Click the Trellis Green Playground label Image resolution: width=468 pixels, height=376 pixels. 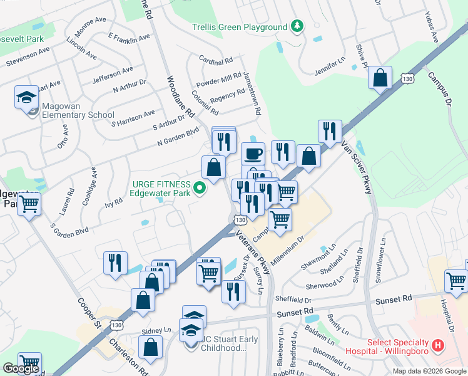pos(240,27)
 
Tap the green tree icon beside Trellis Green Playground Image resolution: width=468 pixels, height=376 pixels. pos(298,26)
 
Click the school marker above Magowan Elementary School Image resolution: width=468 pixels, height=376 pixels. pos(26,98)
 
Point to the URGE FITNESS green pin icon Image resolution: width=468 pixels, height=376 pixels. pos(200,187)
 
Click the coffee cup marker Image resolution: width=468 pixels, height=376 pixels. pos(253,154)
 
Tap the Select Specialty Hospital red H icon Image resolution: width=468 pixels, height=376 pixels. pos(438,345)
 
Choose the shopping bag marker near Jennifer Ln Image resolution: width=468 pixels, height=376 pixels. pos(380,78)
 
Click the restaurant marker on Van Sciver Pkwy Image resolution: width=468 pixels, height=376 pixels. pos(330,132)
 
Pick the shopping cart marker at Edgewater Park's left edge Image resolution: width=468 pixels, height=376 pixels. pos(29,204)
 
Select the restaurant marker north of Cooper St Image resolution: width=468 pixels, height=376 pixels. pos(115,264)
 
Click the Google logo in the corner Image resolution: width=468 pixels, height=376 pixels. pos(21,368)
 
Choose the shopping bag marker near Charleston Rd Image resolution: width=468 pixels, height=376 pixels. pos(151,347)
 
